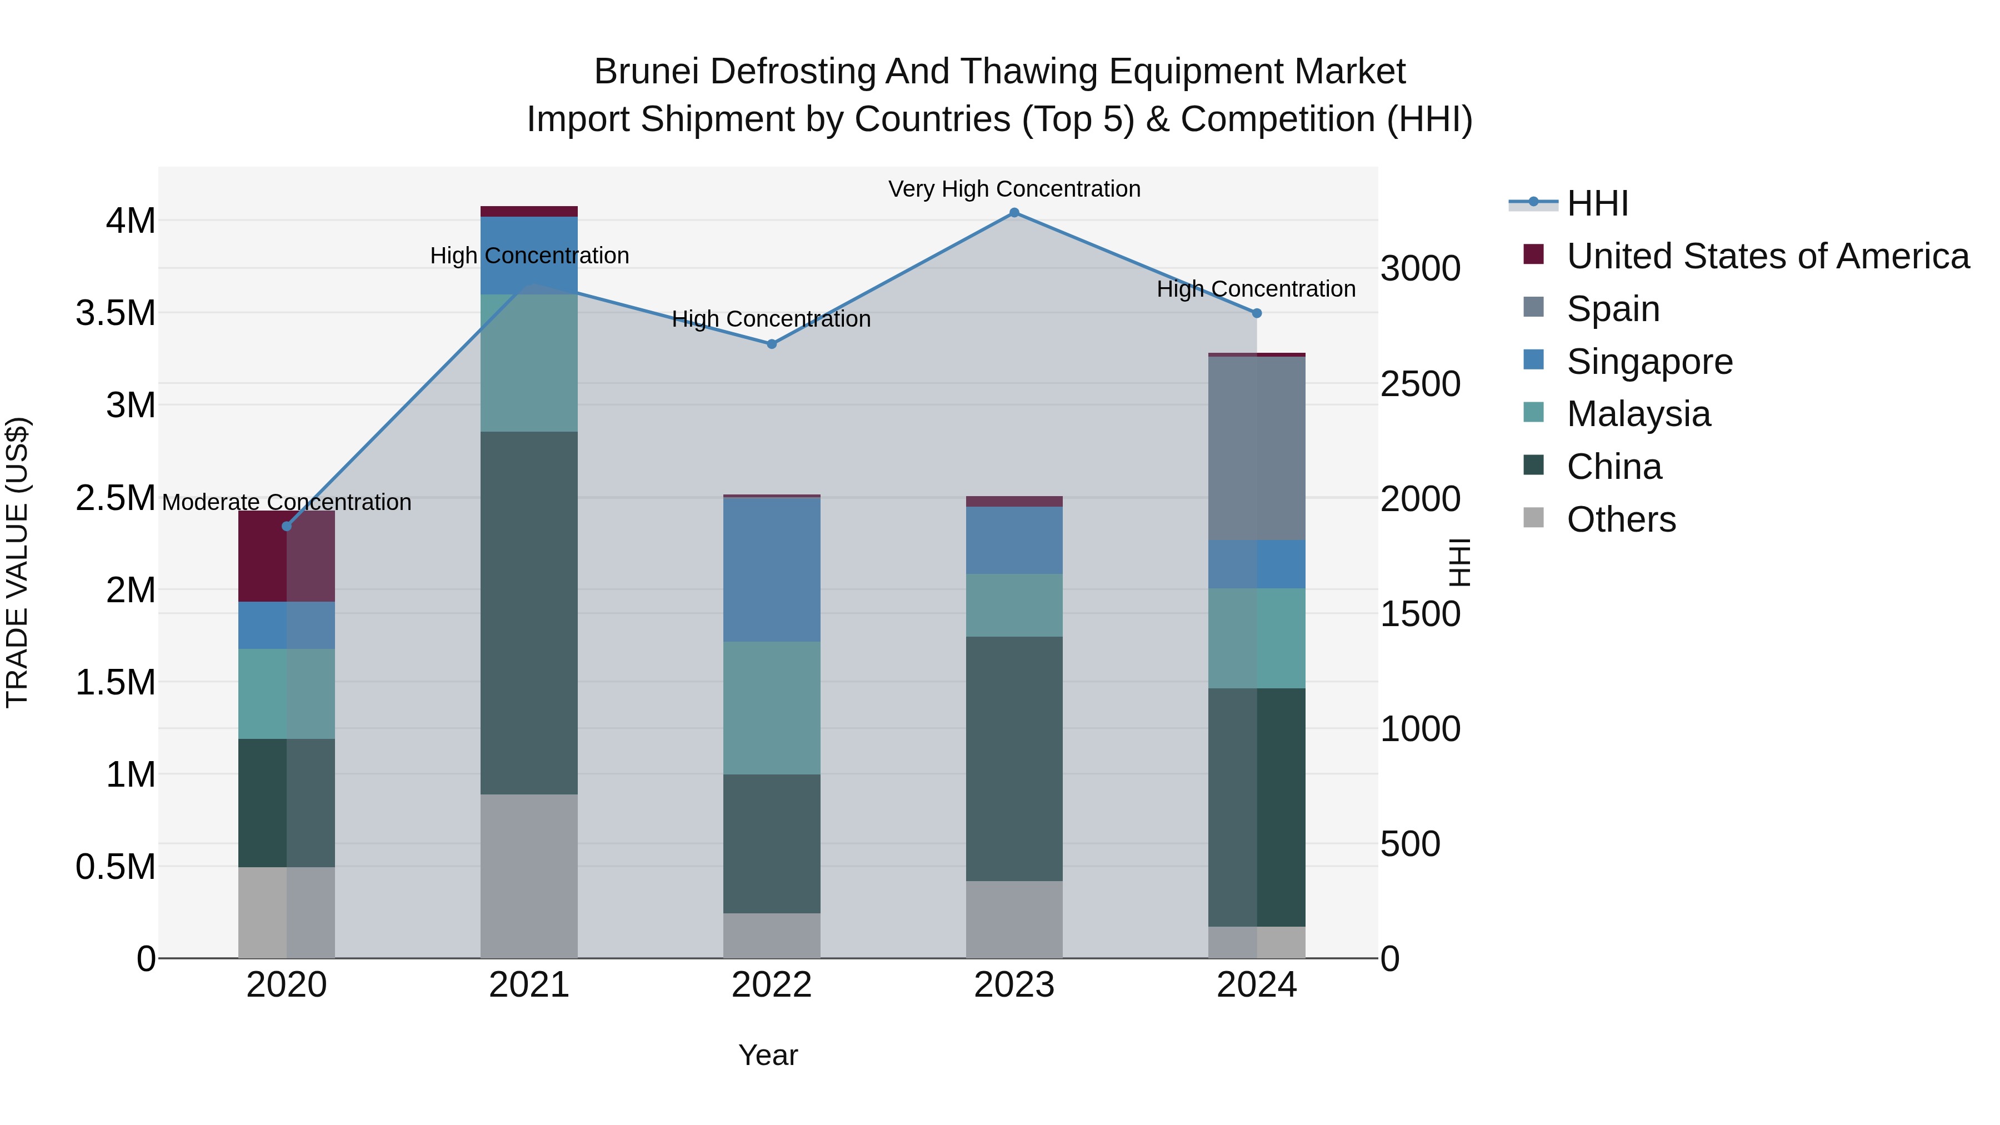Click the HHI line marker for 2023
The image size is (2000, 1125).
[x=1014, y=213]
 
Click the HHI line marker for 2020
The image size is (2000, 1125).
[x=287, y=527]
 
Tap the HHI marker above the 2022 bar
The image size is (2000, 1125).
[x=772, y=344]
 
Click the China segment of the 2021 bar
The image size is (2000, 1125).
[x=529, y=613]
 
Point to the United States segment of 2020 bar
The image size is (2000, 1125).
[x=287, y=556]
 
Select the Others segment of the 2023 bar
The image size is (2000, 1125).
[x=1014, y=919]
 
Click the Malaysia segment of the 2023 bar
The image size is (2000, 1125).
[x=1014, y=605]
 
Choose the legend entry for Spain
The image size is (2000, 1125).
[x=1613, y=309]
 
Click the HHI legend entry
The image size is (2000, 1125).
[x=1597, y=203]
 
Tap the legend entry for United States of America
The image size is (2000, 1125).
[x=1767, y=256]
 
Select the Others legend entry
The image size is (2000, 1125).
[x=1621, y=519]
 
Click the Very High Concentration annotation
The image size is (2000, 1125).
[x=1014, y=189]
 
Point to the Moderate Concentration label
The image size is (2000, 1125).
[x=287, y=502]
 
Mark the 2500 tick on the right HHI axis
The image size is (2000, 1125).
[x=1420, y=384]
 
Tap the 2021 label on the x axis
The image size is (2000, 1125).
[x=529, y=985]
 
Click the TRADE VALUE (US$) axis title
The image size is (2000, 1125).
[x=17, y=562]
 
